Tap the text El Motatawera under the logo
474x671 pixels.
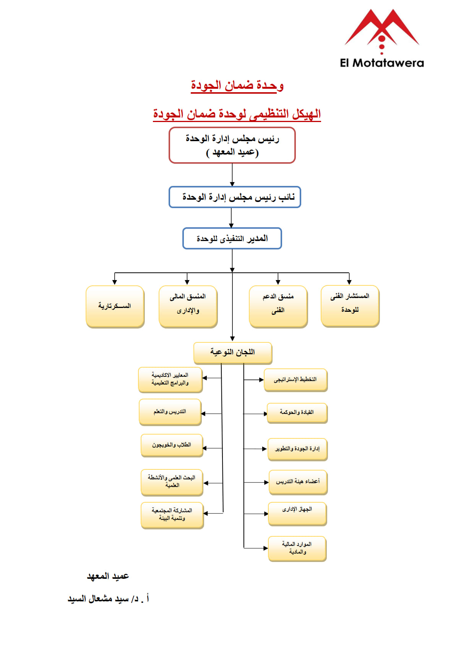pyautogui.click(x=382, y=63)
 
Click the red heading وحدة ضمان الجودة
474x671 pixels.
pyautogui.click(x=237, y=85)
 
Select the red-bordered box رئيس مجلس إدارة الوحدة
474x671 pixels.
pyautogui.click(x=232, y=145)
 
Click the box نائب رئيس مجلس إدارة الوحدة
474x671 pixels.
pyautogui.click(x=235, y=197)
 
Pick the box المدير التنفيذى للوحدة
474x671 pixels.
pyautogui.click(x=232, y=238)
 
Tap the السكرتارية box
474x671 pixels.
pyautogui.click(x=115, y=306)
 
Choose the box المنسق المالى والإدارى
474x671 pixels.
pyautogui.click(x=188, y=306)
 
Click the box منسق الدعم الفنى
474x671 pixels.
pyautogui.click(x=278, y=306)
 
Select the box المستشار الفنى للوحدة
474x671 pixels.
pyautogui.click(x=350, y=306)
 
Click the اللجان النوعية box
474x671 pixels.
pyautogui.click(x=233, y=352)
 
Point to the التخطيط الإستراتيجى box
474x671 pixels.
pyautogui.click(x=295, y=380)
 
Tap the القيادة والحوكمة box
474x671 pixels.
pyautogui.click(x=297, y=413)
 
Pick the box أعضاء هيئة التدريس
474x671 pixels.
pyautogui.click(x=298, y=482)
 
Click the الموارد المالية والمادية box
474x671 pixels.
pyautogui.click(x=297, y=549)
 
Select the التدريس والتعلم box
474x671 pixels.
pyautogui.click(x=170, y=412)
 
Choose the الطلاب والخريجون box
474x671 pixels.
pyautogui.click(x=172, y=445)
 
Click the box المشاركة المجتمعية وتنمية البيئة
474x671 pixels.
pyautogui.click(x=172, y=515)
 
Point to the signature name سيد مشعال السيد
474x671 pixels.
pyautogui.click(x=108, y=599)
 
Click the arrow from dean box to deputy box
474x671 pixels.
pyautogui.click(x=232, y=175)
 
